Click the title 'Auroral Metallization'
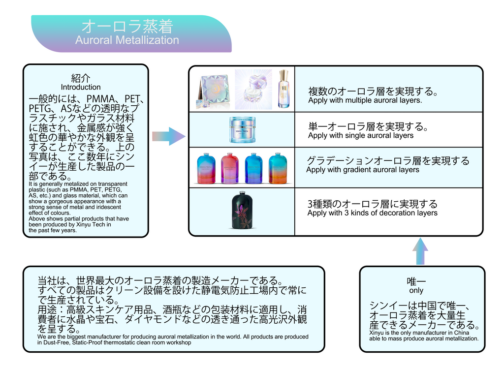pyautogui.click(x=127, y=40)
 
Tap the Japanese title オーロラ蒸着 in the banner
pyautogui.click(x=127, y=26)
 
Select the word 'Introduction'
pyautogui.click(x=81, y=87)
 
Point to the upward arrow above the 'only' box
pyautogui.click(x=420, y=251)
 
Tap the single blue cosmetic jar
pyautogui.click(x=242, y=129)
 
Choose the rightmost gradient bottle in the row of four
pyautogui.click(x=278, y=168)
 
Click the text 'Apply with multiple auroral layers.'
pyautogui.click(x=365, y=100)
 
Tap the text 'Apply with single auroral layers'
pyautogui.click(x=361, y=135)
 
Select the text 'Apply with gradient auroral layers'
pyautogui.click(x=363, y=170)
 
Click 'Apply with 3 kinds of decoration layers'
pyautogui.click(x=372, y=213)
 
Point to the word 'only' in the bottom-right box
pyautogui.click(x=416, y=291)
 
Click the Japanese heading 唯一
pyautogui.click(x=416, y=281)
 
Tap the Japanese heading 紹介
pyautogui.click(x=81, y=78)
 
